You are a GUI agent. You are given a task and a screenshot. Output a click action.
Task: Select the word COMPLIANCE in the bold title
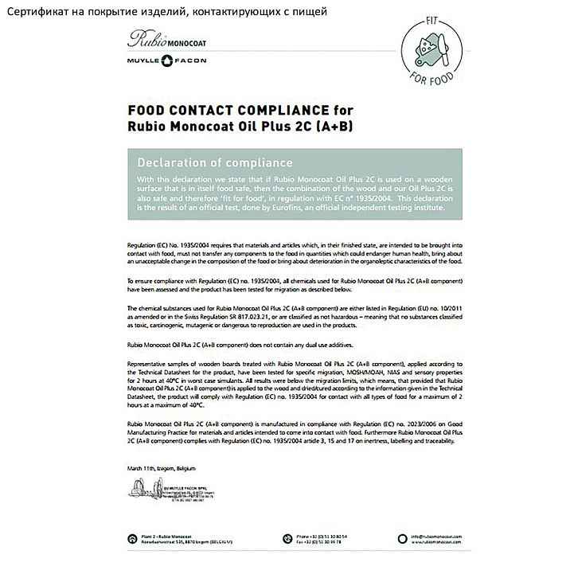277,110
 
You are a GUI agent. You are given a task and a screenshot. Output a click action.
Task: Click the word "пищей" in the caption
310,10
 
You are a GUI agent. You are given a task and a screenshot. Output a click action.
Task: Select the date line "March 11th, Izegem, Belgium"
161,468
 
